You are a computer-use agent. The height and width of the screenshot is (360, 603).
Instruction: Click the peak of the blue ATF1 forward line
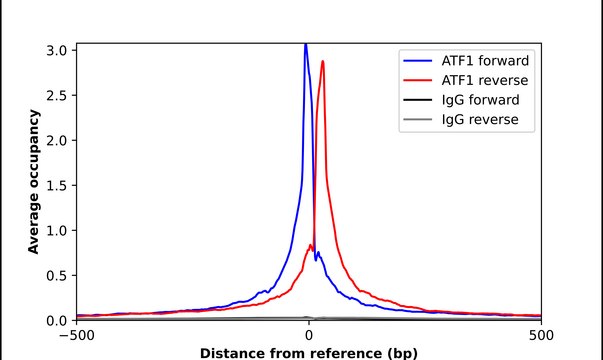coord(306,44)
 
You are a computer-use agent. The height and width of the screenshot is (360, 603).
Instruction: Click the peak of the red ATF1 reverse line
coord(322,62)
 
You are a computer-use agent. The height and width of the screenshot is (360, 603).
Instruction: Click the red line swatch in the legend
coord(417,80)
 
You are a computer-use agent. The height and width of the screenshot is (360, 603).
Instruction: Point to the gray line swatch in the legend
coord(417,121)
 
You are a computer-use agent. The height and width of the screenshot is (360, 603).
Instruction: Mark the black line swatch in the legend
coord(417,100)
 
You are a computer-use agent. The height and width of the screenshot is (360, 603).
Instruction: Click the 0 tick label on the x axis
coord(309,335)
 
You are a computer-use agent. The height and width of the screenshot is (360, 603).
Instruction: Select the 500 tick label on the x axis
coord(541,335)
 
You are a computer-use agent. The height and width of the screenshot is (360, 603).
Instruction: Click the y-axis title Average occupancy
coord(33,182)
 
